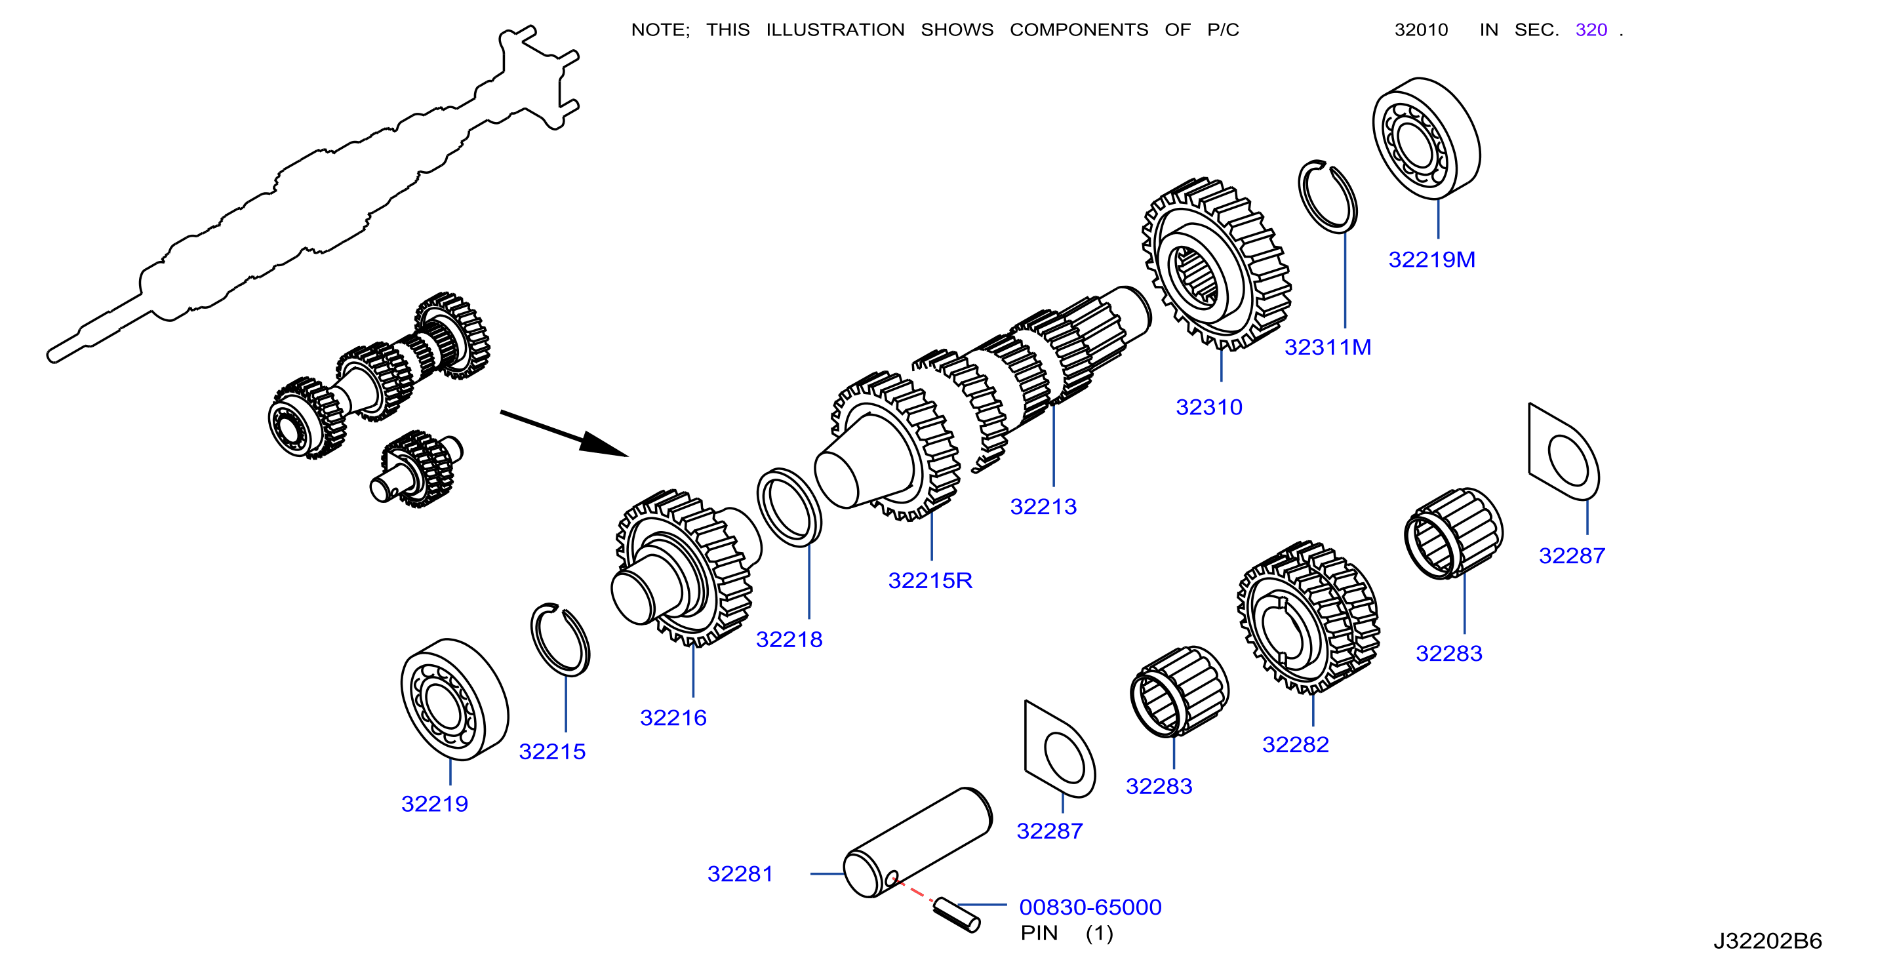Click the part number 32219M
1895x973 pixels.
tap(1431, 260)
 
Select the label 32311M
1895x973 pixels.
tap(1327, 347)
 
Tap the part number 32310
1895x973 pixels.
tap(1208, 407)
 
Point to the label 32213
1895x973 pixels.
tap(1043, 506)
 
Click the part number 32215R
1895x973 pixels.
tap(930, 580)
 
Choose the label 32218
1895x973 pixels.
tap(789, 639)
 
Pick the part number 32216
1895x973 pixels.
tap(673, 717)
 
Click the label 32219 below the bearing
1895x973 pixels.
tap(434, 803)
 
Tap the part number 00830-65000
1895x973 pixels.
tap(1090, 907)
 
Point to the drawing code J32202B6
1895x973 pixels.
tap(1767, 941)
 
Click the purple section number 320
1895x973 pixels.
tap(1591, 30)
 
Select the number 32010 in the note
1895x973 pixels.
tap(1422, 30)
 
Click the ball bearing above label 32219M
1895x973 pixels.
tap(1426, 138)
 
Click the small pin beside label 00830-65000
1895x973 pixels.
tap(956, 916)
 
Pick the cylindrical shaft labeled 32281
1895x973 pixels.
tap(917, 843)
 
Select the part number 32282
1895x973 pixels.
tap(1296, 744)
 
